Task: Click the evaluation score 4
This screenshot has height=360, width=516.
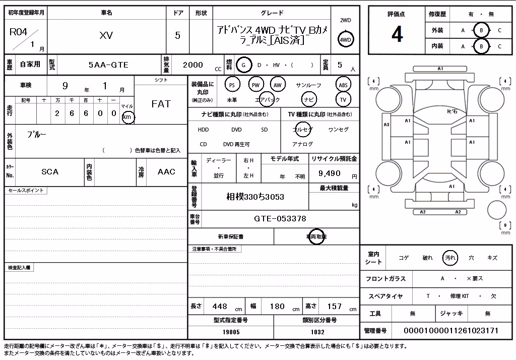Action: [x=397, y=34]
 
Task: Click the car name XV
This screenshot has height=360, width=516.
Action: [x=106, y=35]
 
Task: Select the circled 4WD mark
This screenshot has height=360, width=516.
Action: [x=345, y=39]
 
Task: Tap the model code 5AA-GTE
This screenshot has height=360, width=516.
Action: [x=108, y=65]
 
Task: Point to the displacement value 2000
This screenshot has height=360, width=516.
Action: [x=193, y=65]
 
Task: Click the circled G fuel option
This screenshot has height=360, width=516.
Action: [x=243, y=65]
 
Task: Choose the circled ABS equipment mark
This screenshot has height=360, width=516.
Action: [x=343, y=85]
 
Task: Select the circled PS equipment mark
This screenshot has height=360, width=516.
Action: [x=232, y=85]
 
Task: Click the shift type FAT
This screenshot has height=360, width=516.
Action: [x=161, y=104]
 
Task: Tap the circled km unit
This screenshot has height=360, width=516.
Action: [x=127, y=117]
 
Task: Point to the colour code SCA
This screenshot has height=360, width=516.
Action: [x=50, y=171]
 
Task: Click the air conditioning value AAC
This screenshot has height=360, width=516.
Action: [x=166, y=171]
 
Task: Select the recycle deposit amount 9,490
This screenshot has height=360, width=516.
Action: [x=330, y=173]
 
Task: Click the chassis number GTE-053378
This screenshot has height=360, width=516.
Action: [x=280, y=219]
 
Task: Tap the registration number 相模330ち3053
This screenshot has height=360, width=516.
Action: [x=255, y=197]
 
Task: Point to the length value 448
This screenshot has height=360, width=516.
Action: [x=220, y=307]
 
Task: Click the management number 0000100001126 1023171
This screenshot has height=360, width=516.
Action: [x=451, y=331]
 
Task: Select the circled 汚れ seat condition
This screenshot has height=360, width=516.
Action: [x=450, y=258]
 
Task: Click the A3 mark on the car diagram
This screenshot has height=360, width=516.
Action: [x=386, y=125]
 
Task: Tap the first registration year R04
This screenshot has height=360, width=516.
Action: [x=19, y=32]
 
